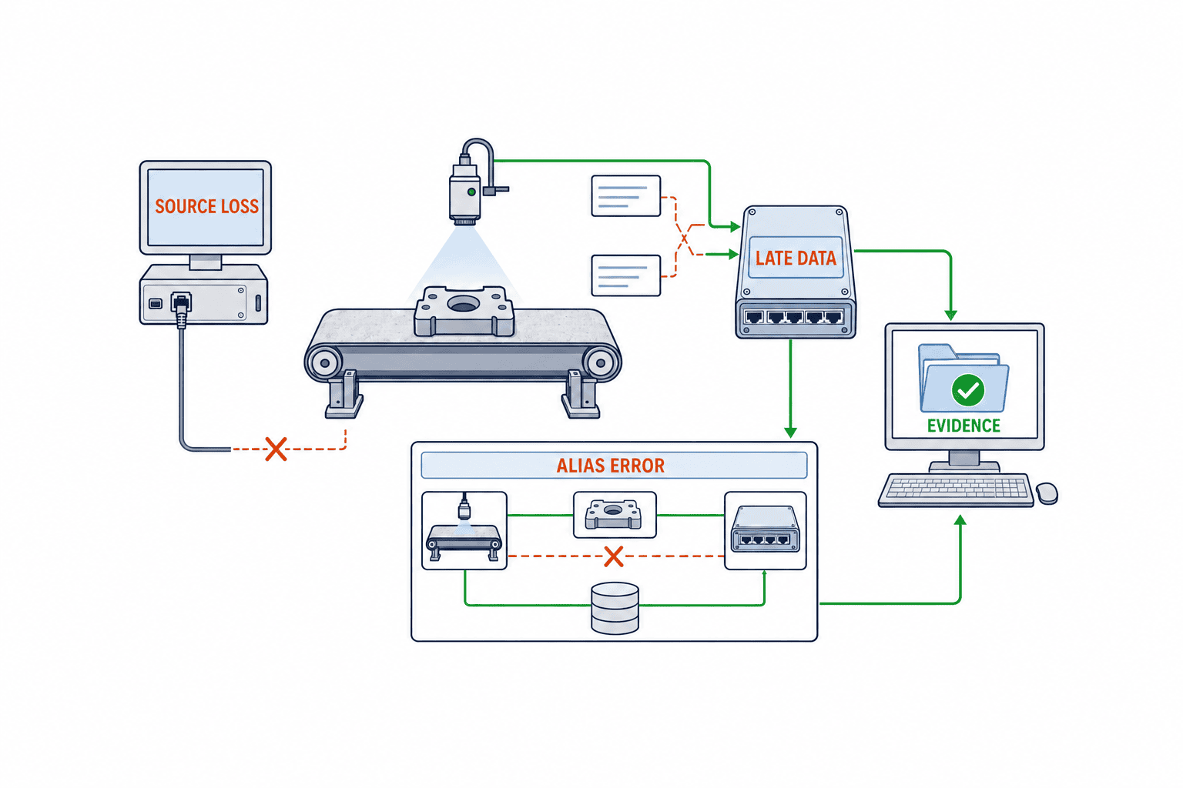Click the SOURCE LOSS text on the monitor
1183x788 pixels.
pos(206,205)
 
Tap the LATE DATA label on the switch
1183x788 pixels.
pos(796,258)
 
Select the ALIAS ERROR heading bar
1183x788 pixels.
pos(614,466)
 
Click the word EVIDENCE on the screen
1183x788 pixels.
pos(963,426)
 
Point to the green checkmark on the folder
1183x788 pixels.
pos(967,390)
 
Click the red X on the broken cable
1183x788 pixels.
pos(276,449)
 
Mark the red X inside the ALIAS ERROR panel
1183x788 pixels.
pos(613,556)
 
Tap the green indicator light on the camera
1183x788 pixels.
pos(471,192)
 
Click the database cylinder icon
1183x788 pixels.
pos(615,607)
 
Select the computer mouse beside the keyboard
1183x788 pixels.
pos(1047,493)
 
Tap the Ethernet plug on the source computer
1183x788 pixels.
pos(181,307)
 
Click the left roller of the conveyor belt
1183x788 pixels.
pos(324,363)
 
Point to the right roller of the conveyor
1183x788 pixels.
pos(601,363)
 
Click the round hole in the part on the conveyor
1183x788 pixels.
pos(463,303)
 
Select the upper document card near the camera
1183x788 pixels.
pos(626,195)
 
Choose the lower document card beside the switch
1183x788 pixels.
pos(626,275)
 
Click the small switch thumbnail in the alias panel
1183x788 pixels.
pos(766,530)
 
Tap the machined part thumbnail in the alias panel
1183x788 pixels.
pos(615,515)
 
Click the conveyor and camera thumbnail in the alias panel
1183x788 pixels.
pos(464,530)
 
